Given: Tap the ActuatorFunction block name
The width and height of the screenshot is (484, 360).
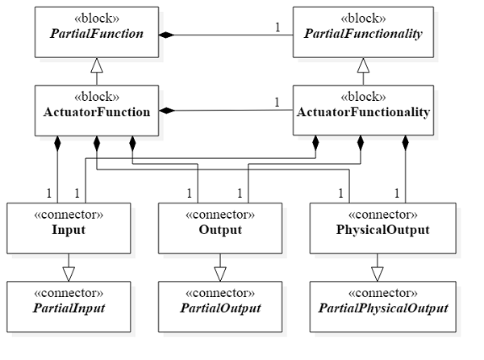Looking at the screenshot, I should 97,112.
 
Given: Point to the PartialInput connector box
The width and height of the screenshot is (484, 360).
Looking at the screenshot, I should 69,302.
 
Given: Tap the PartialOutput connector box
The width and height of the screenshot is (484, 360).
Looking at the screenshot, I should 219,302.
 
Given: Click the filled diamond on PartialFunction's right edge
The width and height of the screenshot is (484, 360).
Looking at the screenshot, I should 166,35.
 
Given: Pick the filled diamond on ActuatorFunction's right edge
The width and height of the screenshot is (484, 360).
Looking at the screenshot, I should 166,110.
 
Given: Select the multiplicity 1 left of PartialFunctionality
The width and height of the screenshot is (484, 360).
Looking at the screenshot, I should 278,27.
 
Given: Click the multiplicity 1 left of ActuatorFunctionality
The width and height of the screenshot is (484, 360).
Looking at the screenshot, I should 278,102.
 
